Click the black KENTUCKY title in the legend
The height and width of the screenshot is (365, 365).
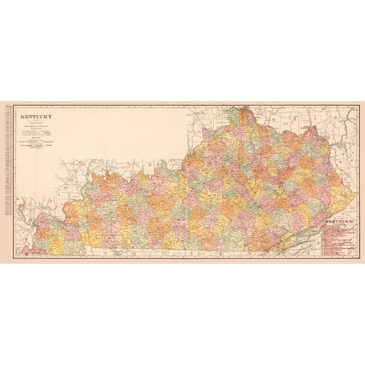[x=36, y=117]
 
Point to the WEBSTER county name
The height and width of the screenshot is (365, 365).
[x=103, y=196]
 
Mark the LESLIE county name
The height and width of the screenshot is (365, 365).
[x=298, y=222]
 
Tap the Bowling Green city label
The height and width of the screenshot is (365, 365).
[x=155, y=231]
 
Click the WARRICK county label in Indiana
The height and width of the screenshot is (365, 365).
[x=121, y=164]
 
